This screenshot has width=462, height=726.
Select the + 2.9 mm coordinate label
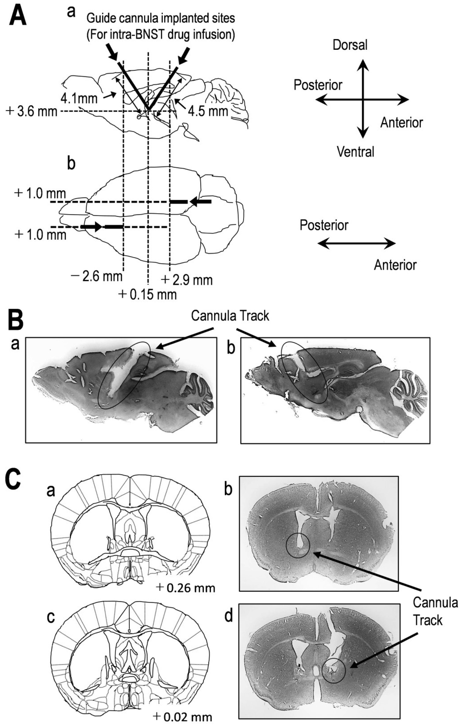coord(187,280)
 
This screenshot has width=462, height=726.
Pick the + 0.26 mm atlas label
coord(186,588)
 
